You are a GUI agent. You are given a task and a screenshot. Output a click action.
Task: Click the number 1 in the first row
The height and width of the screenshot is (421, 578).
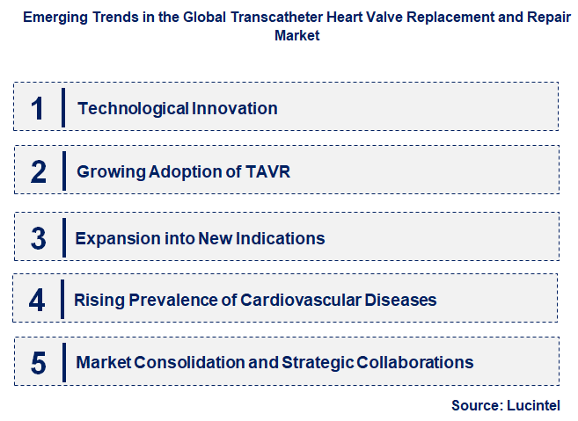point(37,108)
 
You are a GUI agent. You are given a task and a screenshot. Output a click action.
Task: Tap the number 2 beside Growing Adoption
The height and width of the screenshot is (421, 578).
point(38,171)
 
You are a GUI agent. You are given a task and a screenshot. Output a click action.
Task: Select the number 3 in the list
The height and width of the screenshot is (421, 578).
point(38,238)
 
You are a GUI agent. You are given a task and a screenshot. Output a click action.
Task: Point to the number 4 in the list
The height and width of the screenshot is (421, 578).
point(37,301)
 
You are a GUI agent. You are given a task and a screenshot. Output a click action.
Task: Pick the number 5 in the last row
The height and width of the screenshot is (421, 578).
point(38,362)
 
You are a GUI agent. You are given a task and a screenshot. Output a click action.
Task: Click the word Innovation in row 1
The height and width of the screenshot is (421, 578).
point(235,109)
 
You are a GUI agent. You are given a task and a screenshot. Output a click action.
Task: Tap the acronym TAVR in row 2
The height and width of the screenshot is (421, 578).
point(269,171)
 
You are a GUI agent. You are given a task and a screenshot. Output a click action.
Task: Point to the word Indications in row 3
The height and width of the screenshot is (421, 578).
point(279,238)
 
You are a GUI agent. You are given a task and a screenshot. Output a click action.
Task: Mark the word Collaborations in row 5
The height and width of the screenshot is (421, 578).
point(411,362)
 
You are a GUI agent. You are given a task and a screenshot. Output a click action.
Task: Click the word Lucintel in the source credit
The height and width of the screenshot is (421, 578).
point(532,405)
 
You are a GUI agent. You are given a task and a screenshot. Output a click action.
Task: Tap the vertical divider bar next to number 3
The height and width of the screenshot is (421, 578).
point(63,238)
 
